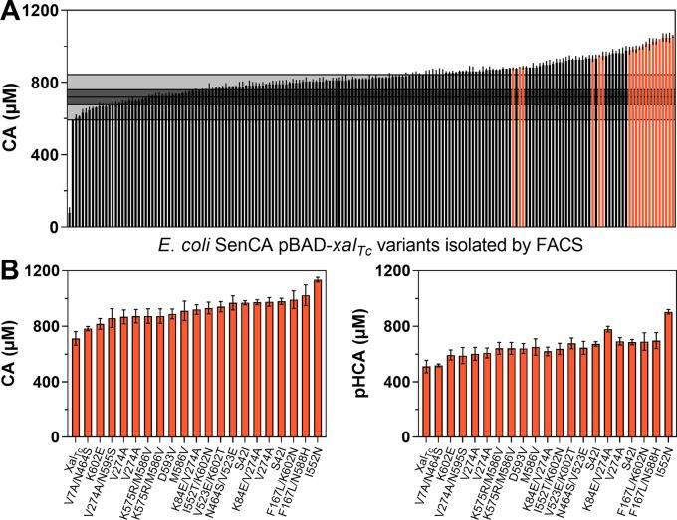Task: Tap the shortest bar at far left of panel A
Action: coord(68,218)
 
